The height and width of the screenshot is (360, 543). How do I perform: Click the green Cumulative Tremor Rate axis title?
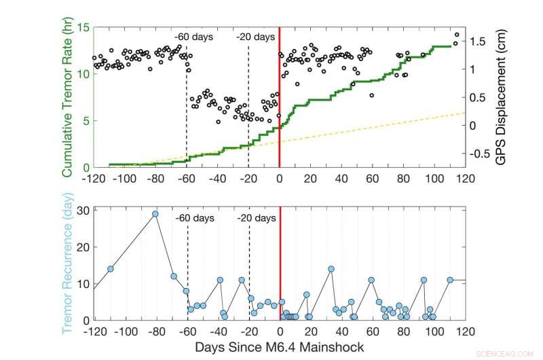tap(68, 97)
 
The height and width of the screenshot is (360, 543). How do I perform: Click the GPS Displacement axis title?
tap(500, 97)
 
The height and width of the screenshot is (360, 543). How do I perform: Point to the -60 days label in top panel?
tap(193, 36)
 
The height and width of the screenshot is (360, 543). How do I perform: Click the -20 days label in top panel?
tap(255, 36)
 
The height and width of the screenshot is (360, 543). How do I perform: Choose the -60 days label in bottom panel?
tap(194, 218)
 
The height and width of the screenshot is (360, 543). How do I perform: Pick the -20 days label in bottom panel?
tap(257, 218)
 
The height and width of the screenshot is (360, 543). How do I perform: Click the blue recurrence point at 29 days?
tap(155, 214)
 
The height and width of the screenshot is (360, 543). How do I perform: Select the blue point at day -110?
tap(110, 269)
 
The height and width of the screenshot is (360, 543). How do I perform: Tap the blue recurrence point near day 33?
tap(331, 269)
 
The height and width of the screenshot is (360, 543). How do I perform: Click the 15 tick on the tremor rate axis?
tap(83, 28)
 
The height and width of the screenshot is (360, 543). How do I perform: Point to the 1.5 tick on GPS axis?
tap(479, 41)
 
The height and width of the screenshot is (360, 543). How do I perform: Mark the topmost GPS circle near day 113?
tap(457, 35)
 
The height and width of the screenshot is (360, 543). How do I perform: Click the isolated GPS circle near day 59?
tap(372, 95)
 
